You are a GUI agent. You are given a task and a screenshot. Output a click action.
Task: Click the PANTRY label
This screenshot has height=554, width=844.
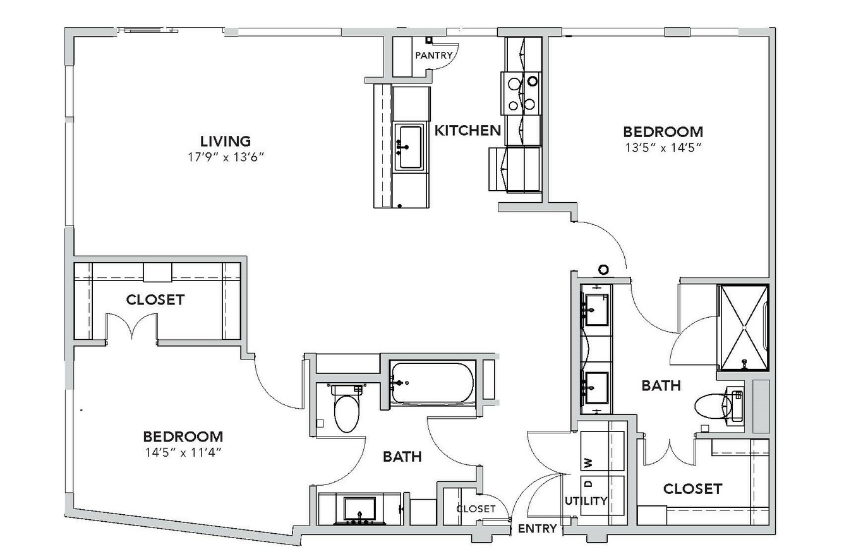[433, 56]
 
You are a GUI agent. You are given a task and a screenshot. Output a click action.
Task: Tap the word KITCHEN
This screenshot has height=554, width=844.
[467, 130]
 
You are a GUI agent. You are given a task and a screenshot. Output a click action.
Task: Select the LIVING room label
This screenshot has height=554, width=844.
[226, 142]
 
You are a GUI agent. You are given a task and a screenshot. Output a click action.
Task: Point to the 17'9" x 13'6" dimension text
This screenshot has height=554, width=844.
[226, 157]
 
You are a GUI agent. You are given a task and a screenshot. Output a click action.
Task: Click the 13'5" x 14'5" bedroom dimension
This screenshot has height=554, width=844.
[663, 147]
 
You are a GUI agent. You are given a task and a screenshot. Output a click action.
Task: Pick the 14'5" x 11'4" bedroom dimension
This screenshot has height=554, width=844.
[183, 452]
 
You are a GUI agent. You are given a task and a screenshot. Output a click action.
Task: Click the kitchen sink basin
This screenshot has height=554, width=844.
[411, 147]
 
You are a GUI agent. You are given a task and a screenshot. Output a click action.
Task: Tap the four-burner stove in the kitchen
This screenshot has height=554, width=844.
[521, 93]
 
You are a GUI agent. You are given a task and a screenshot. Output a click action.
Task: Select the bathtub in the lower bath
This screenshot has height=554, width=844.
[432, 383]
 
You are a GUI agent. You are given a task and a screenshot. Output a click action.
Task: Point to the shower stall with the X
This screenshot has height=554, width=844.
[744, 328]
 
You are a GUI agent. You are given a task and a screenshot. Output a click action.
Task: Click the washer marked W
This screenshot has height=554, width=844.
[602, 451]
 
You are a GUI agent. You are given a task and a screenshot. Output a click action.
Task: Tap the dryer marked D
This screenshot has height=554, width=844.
[602, 495]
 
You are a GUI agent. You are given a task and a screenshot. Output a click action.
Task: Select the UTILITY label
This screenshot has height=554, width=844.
[586, 501]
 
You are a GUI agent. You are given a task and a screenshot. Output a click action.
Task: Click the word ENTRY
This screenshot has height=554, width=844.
[538, 529]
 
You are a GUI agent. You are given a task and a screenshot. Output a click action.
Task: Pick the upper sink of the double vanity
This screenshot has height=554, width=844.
[596, 310]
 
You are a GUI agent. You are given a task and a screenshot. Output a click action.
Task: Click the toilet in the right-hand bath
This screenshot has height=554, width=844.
[718, 406]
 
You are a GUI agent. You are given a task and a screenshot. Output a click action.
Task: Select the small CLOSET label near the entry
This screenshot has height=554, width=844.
[476, 509]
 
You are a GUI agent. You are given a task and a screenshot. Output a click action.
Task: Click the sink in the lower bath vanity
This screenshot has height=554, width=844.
[360, 510]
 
